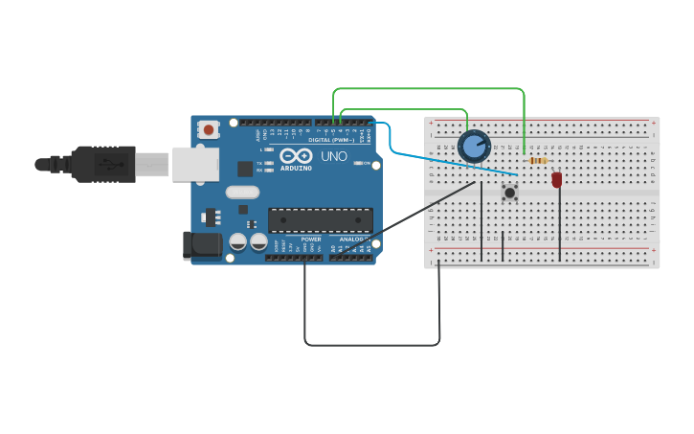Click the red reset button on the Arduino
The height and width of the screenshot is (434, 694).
(209, 127)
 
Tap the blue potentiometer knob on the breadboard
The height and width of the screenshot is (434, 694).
(474, 147)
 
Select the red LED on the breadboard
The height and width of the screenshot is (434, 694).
(557, 179)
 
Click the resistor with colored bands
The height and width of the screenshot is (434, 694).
(537, 160)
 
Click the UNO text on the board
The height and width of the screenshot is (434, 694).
(334, 156)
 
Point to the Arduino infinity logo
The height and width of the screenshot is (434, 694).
(296, 155)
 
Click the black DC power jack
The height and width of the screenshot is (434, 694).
(202, 244)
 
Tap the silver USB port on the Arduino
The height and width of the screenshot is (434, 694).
(195, 164)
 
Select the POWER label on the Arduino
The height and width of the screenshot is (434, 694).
(311, 240)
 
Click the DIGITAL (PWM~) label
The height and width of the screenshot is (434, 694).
(331, 140)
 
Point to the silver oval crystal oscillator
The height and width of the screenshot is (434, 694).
(242, 192)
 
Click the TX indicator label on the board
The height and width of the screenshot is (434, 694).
(259, 163)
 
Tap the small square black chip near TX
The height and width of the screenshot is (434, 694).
(245, 169)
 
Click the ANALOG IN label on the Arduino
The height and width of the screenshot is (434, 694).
(351, 240)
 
